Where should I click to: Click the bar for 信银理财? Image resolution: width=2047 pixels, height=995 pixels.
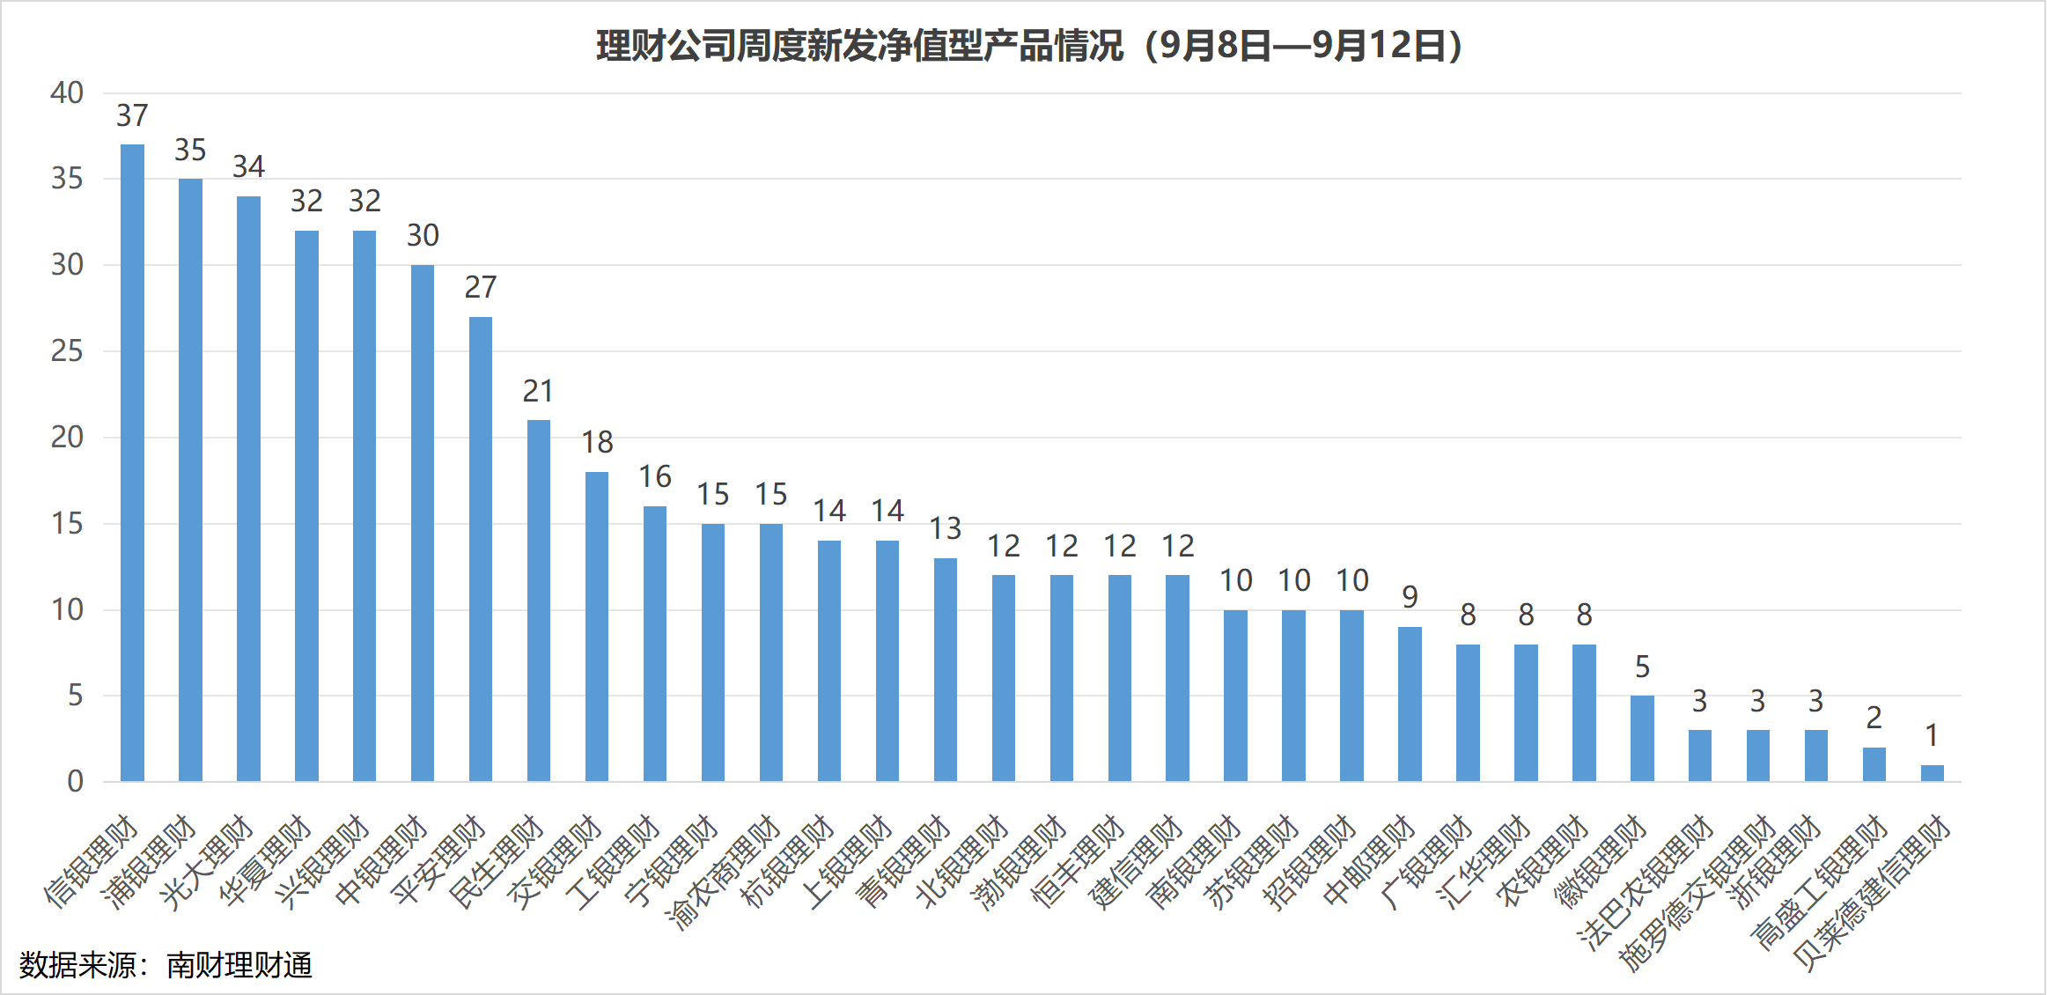click(x=132, y=462)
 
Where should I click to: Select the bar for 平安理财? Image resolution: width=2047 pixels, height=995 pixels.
click(x=481, y=549)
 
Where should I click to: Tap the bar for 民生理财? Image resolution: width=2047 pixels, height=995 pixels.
click(x=539, y=601)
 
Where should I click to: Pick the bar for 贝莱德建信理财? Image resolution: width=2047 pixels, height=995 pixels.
click(x=1932, y=773)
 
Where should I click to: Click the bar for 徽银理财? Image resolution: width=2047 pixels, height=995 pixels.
click(x=1642, y=739)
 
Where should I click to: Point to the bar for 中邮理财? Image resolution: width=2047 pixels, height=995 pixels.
click(x=1410, y=704)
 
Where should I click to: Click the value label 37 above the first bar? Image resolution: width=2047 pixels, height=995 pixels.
click(x=132, y=115)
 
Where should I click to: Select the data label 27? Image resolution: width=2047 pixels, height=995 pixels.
click(x=481, y=287)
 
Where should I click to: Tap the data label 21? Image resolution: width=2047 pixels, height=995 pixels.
click(x=539, y=391)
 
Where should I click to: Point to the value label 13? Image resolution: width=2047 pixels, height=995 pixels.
click(x=946, y=528)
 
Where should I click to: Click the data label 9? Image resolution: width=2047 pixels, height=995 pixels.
click(x=1410, y=597)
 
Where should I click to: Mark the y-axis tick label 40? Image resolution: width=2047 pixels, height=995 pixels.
click(x=67, y=92)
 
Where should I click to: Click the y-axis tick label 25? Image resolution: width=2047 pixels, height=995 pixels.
click(x=67, y=351)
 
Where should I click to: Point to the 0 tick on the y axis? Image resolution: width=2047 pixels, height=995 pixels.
click(x=76, y=781)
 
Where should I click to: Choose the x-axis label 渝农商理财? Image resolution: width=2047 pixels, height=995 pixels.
click(x=725, y=873)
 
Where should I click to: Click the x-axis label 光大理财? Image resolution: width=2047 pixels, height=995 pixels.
click(x=208, y=863)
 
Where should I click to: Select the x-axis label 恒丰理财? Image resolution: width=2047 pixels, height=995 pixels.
click(x=1079, y=863)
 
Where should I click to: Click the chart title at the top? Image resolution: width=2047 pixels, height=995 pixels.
click(x=1028, y=46)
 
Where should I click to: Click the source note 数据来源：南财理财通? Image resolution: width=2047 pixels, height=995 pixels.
click(x=166, y=965)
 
